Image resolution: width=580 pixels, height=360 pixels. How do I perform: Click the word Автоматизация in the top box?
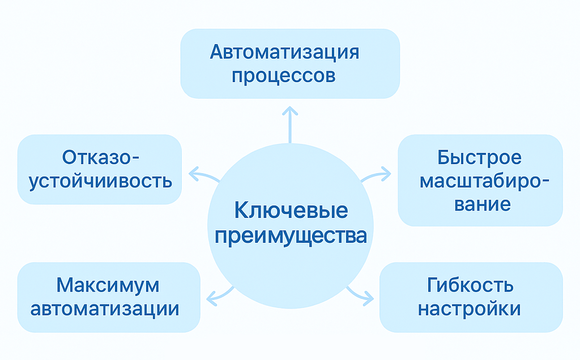pos(284,52)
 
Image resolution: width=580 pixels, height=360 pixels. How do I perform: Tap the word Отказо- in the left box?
pos(101,157)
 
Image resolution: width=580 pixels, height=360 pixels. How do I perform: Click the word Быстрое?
pos(479,157)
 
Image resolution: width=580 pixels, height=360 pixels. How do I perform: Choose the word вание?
pos(483,204)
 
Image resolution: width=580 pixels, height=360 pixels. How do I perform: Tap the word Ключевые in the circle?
pos(291,211)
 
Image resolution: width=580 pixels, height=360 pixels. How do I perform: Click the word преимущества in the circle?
pos(291,236)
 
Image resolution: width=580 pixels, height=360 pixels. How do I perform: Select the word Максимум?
pos(108,285)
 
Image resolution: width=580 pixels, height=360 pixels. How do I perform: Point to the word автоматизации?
pos(105,309)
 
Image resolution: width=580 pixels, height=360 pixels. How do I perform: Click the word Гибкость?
pos(470,285)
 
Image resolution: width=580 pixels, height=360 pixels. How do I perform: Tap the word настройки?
pos(470,309)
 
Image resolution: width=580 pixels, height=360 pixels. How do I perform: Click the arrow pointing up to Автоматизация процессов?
pos(290,125)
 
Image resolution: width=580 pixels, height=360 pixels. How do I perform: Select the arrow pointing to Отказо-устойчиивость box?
pos(204,175)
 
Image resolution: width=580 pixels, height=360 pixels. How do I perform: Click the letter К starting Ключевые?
pos(241,211)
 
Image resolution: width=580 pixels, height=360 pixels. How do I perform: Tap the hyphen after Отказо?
pos(135,159)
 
